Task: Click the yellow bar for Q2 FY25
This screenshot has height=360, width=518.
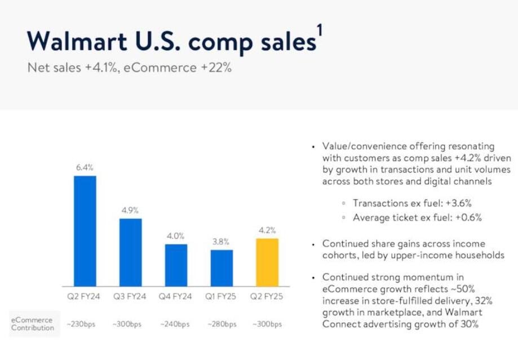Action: [267, 262]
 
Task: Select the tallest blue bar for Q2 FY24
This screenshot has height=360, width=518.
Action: [85, 231]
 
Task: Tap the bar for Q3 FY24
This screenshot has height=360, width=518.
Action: [131, 252]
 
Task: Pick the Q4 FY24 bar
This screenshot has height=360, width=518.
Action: [176, 265]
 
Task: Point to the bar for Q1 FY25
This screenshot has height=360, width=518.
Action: [222, 268]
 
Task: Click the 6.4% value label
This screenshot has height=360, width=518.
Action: [85, 167]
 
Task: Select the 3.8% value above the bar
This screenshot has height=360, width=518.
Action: [221, 242]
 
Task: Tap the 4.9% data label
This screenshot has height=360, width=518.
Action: [130, 210]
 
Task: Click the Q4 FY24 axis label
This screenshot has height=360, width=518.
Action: [175, 296]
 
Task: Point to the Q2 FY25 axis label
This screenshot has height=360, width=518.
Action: [267, 296]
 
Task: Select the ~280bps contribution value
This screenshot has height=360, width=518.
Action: [221, 324]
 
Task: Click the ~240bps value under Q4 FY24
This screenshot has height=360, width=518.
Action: [175, 324]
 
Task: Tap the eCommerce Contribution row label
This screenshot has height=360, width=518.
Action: [33, 324]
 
